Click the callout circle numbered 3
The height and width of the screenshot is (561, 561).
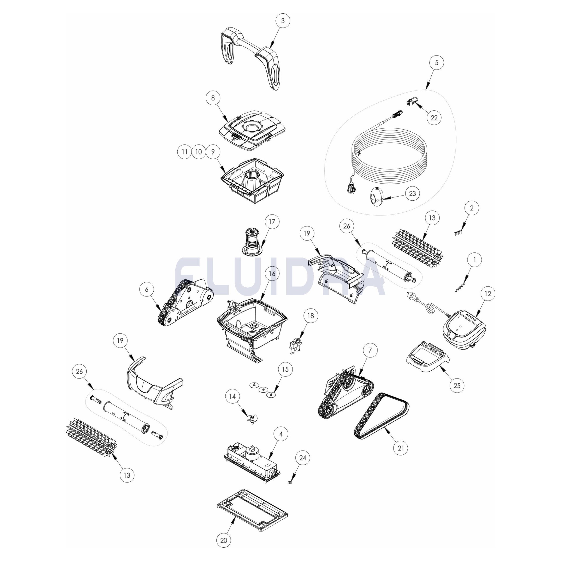click(x=283, y=21)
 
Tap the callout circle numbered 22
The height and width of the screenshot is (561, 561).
click(x=434, y=118)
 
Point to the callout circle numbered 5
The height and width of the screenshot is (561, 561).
click(x=437, y=63)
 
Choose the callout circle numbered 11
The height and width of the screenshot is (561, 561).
click(x=185, y=152)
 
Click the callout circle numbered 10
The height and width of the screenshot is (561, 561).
click(x=198, y=152)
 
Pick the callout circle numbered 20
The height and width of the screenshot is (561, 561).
click(x=224, y=540)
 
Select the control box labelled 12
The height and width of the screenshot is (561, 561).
click(x=464, y=329)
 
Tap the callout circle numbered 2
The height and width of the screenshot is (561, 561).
click(x=472, y=208)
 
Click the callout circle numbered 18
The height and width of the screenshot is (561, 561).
click(x=311, y=316)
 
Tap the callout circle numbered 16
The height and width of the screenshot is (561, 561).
click(x=272, y=274)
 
